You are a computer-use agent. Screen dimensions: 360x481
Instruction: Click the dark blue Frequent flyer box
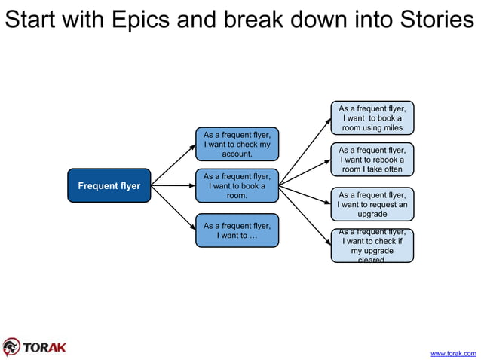(109, 186)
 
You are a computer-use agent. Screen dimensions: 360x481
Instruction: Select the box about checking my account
(237, 144)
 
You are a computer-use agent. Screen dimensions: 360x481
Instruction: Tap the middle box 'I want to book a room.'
(237, 186)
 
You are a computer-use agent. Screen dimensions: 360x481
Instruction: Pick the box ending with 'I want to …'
(237, 230)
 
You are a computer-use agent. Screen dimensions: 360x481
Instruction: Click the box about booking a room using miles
(372, 118)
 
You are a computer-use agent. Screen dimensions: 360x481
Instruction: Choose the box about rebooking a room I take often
(372, 160)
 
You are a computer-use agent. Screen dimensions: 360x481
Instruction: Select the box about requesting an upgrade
(372, 204)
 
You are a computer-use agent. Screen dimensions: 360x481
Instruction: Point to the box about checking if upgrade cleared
(372, 246)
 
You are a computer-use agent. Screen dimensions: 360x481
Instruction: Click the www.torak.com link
(452, 352)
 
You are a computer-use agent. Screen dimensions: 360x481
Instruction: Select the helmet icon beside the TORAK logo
(11, 347)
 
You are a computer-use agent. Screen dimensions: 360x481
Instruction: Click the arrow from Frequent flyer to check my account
(173, 161)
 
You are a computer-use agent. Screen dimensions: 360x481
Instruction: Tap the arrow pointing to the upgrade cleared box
(305, 215)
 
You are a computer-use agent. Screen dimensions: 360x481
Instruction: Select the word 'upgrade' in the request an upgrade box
(372, 214)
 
